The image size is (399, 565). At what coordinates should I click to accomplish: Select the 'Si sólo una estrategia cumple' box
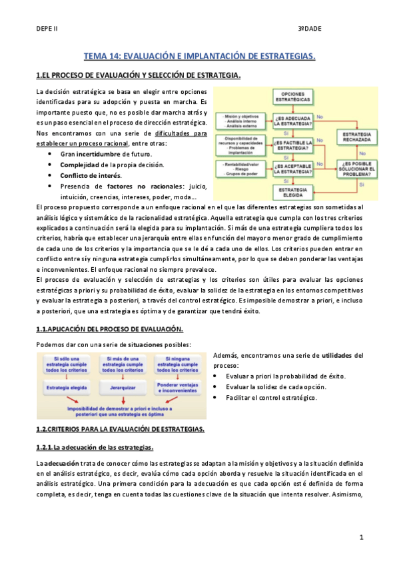pyautogui.click(x=69, y=365)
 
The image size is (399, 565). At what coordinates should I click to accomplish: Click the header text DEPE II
pyautogui.click(x=47, y=29)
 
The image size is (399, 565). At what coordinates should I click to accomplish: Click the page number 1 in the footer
pyautogui.click(x=360, y=536)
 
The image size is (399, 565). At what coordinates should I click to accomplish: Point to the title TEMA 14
pyautogui.click(x=199, y=57)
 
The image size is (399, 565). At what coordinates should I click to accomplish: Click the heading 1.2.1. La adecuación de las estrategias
pyautogui.click(x=95, y=446)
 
